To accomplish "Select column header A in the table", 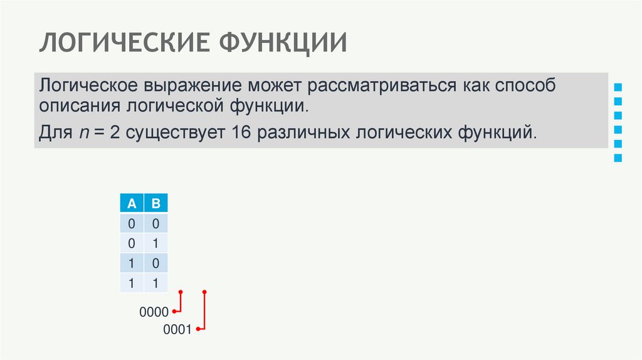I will click(132, 203).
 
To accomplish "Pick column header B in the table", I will click(156, 203).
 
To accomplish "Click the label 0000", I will click(154, 312).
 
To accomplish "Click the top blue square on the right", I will click(618, 87).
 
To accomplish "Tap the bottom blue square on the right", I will click(618, 159).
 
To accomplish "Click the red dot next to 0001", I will click(198, 329).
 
